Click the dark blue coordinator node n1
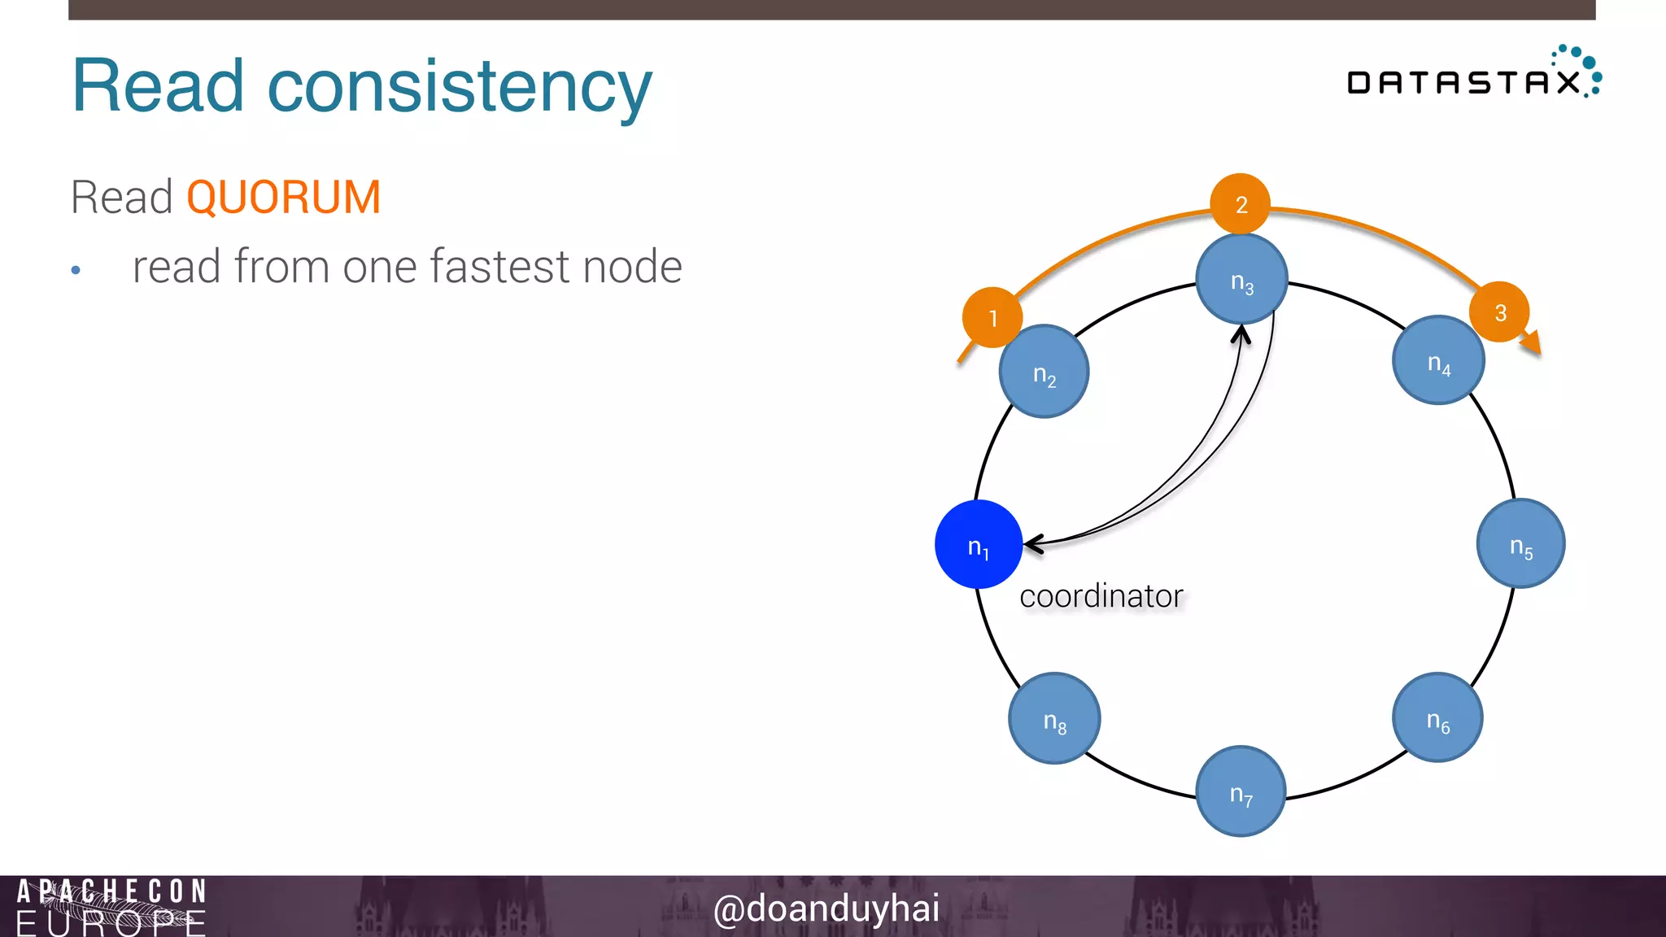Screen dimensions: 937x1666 point(978,544)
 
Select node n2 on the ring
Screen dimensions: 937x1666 point(1044,372)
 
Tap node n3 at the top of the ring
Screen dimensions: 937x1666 point(1241,279)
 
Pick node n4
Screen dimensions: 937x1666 point(1438,360)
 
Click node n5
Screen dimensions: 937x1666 point(1520,543)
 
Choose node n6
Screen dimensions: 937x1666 point(1437,717)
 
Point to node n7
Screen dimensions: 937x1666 point(1241,791)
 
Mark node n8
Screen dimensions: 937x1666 point(1054,718)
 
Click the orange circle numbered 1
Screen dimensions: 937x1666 point(992,317)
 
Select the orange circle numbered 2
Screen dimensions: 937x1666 point(1241,203)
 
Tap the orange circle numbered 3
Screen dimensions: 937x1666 point(1499,312)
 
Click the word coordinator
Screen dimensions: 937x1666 point(1101,596)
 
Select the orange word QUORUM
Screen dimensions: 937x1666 point(283,198)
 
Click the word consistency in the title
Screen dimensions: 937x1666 point(460,87)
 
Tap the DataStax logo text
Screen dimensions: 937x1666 point(1463,82)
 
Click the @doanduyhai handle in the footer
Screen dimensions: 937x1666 point(826,908)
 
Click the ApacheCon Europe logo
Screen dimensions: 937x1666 point(111,906)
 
